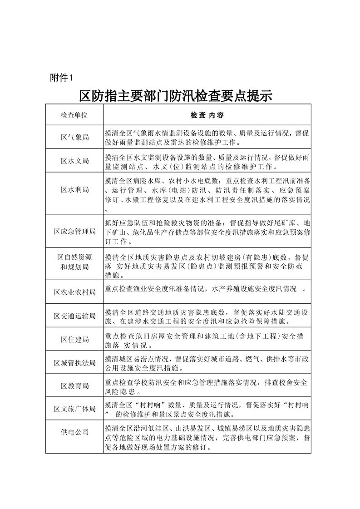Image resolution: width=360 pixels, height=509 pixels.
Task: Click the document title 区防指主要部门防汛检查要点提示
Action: click(175, 96)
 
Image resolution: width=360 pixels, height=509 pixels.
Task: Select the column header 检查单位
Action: click(74, 115)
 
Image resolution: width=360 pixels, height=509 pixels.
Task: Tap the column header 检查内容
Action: click(207, 115)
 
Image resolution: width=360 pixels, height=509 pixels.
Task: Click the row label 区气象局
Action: click(74, 137)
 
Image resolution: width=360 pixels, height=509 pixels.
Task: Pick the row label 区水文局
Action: click(74, 161)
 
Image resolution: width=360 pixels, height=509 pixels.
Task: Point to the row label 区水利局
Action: click(74, 189)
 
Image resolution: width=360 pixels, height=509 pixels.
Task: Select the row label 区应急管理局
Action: click(74, 231)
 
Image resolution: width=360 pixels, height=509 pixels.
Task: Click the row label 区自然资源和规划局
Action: click(74, 262)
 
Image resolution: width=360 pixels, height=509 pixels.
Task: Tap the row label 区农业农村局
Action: click(74, 292)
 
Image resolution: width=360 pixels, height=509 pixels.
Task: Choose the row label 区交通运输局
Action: click(74, 316)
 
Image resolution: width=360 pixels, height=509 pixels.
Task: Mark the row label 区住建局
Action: click(74, 339)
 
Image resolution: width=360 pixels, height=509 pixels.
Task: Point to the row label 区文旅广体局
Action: click(74, 409)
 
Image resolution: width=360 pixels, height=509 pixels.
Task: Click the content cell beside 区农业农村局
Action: click(207, 289)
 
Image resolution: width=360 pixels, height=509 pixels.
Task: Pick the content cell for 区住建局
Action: click(207, 340)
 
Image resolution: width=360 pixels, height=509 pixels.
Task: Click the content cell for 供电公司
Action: click(207, 437)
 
